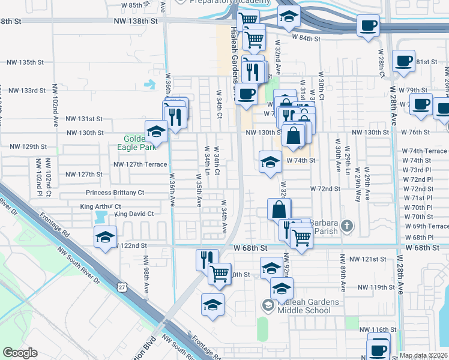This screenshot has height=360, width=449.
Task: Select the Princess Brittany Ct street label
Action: click(x=115, y=193)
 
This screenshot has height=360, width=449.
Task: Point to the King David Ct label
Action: click(x=134, y=214)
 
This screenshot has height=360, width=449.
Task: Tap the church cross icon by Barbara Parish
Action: click(x=346, y=226)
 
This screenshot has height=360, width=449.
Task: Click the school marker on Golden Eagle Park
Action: click(x=156, y=131)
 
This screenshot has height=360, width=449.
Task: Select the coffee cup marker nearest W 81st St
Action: click(x=404, y=61)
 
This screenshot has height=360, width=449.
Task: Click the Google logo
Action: click(x=20, y=353)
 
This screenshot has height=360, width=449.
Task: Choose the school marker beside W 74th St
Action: click(x=270, y=161)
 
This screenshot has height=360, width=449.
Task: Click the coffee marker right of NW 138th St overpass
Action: click(x=369, y=26)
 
